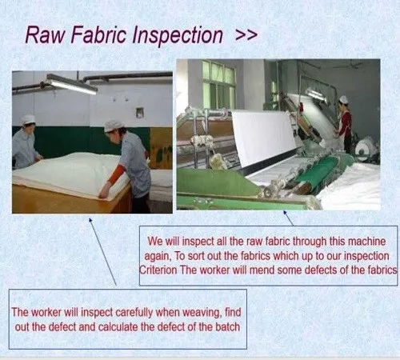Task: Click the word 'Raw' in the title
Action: (45, 35)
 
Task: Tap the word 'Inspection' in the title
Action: (178, 36)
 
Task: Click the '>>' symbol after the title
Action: (246, 35)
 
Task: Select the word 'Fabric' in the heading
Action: (98, 35)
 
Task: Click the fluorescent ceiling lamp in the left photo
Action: (70, 84)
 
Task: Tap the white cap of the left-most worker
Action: (28, 119)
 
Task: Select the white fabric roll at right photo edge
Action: (366, 149)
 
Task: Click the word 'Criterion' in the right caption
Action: (158, 270)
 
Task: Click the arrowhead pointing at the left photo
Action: (90, 220)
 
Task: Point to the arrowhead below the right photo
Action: (285, 213)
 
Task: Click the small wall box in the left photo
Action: (140, 113)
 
